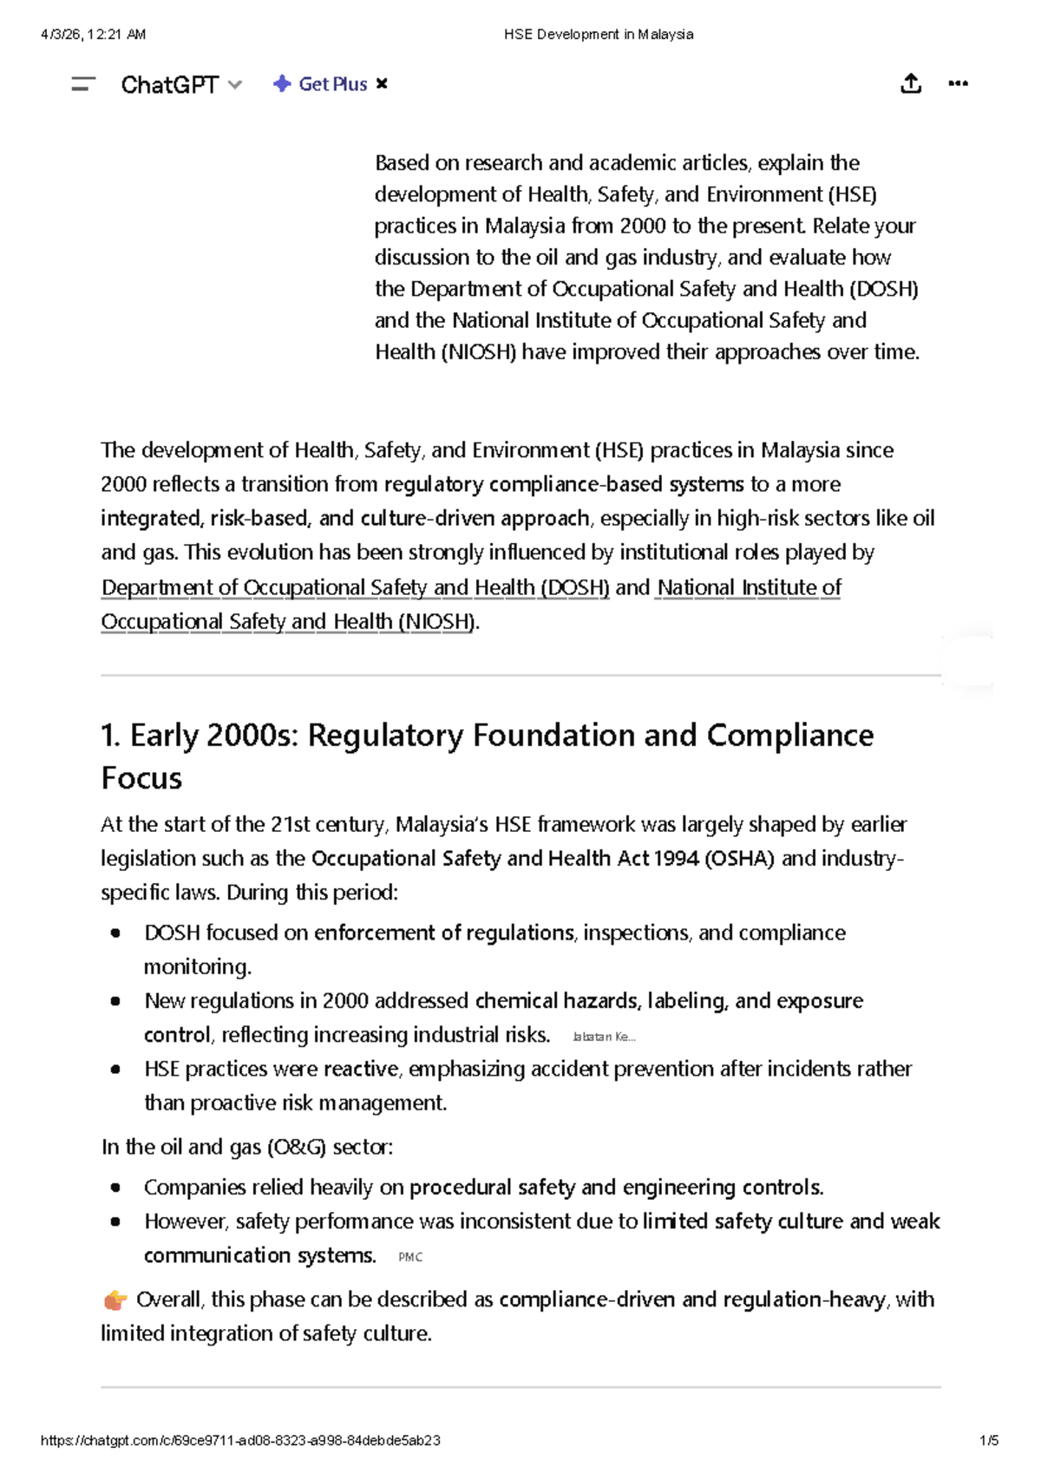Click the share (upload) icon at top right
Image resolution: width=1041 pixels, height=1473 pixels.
pos(910,84)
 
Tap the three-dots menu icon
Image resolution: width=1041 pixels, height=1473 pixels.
pos(958,84)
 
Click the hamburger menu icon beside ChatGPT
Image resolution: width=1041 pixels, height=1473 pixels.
pos(83,84)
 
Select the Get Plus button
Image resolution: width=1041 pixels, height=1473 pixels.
pos(321,84)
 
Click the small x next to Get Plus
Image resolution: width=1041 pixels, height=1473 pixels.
pos(382,84)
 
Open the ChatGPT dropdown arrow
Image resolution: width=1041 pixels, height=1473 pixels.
pos(235,85)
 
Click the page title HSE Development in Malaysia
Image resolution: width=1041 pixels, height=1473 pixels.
pos(599,35)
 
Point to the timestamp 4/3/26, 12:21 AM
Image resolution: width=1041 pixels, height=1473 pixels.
pos(93,35)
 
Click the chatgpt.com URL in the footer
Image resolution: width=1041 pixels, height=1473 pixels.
pos(240,1440)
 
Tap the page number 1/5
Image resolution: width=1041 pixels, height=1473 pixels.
pos(988,1440)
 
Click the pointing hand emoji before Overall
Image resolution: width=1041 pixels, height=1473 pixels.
pos(115,1300)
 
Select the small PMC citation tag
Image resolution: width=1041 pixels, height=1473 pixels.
pos(410,1257)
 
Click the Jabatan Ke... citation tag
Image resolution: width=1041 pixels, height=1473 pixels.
pos(604,1037)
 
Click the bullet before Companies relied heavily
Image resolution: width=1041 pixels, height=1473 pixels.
pos(115,1188)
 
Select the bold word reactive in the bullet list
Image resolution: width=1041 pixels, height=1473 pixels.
pos(361,1069)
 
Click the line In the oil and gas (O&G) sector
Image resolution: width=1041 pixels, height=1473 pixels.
pos(247,1147)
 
